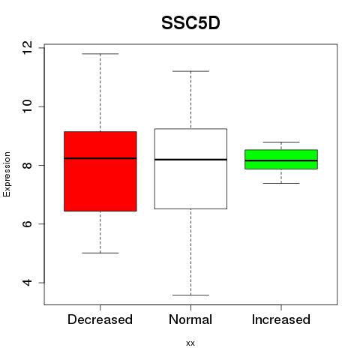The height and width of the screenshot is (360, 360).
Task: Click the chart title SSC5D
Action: pos(190,23)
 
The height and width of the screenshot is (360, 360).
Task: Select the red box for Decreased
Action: pos(100,171)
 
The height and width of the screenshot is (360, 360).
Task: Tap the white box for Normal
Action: pos(190,169)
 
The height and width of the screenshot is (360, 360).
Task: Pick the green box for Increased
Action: pos(281,160)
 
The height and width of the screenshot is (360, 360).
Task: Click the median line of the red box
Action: pos(100,158)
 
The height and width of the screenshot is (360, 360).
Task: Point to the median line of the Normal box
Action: pos(190,160)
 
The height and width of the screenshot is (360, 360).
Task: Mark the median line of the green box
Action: pos(281,160)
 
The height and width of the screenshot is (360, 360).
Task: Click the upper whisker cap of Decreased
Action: pos(100,54)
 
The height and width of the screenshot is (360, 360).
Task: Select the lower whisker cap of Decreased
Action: pos(100,253)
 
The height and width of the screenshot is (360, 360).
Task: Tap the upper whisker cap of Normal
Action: pos(190,71)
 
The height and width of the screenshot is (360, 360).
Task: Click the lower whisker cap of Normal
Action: pos(190,295)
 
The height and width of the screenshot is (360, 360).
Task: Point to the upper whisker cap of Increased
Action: pos(281,142)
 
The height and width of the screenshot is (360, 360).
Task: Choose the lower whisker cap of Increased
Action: pos(281,183)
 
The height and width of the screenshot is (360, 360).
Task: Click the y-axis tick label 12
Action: pos(27,48)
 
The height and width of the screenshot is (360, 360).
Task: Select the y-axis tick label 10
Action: pos(27,106)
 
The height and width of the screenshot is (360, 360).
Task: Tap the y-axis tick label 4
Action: pos(27,283)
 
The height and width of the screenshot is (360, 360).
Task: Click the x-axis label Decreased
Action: pos(100,319)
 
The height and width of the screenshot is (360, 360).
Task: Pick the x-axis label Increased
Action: pos(281,319)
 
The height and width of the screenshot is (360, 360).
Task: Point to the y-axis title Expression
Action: pos(7,174)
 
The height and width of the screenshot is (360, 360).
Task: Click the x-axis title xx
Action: pos(190,343)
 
